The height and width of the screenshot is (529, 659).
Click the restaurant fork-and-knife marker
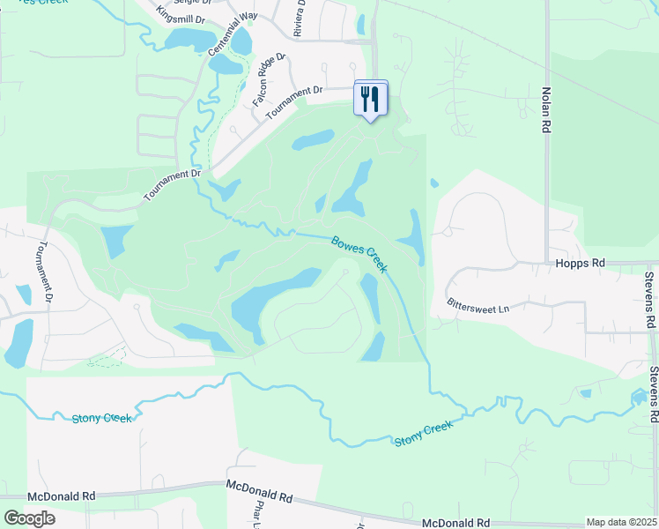point(370,98)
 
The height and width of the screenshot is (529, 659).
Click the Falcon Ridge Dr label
point(270,79)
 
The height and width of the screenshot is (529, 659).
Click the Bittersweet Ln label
point(478,309)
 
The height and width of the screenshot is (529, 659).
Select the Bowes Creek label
point(359,254)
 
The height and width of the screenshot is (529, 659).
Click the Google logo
point(30,518)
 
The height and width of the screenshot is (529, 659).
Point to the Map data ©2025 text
point(621,522)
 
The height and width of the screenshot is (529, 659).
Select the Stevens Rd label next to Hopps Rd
point(650,300)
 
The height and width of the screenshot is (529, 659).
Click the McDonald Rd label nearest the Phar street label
point(259,491)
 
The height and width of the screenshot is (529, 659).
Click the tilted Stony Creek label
point(423,433)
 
